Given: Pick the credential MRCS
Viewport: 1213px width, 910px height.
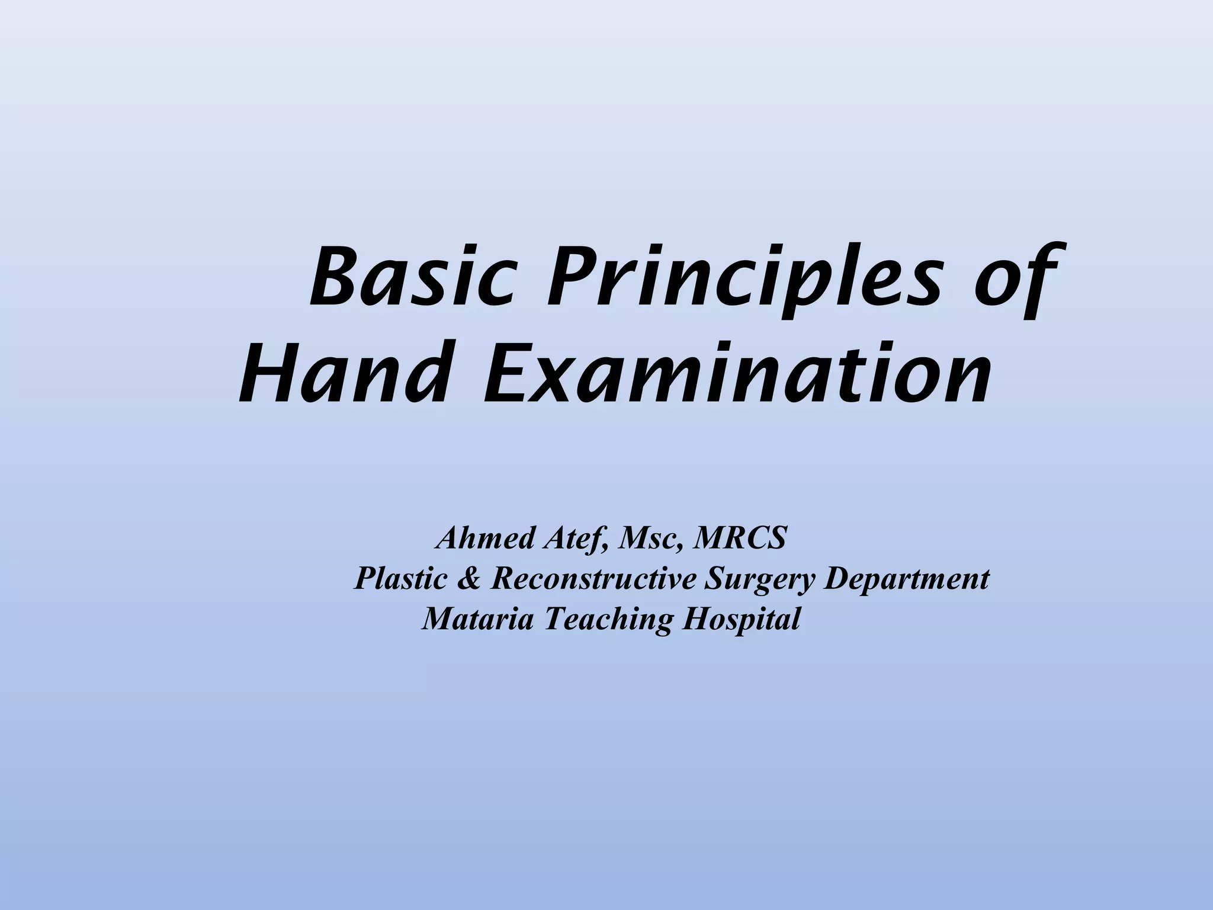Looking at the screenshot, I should tap(740, 538).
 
